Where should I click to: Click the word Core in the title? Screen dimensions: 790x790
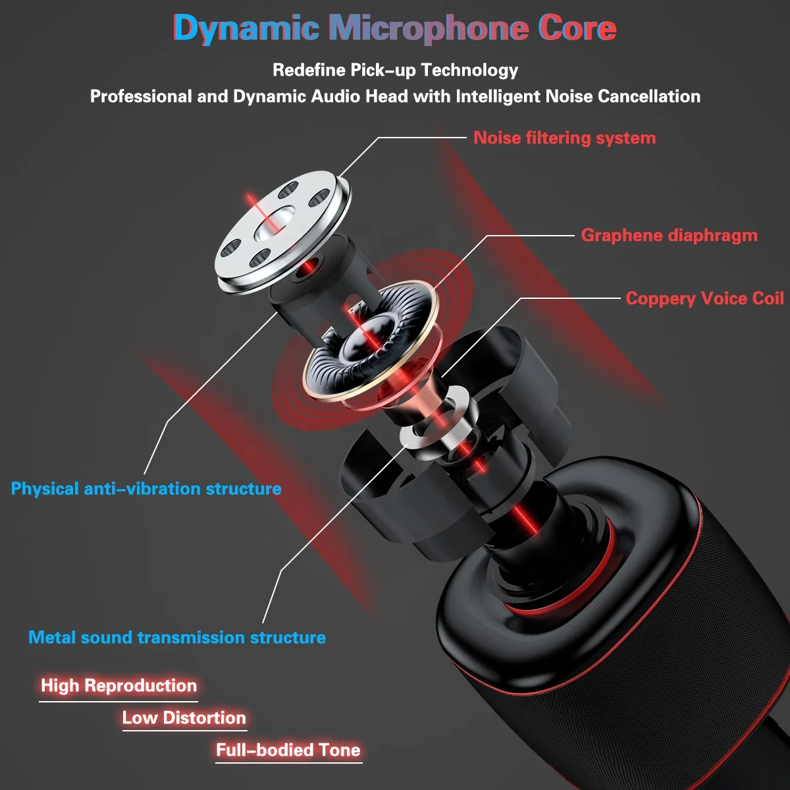(577, 28)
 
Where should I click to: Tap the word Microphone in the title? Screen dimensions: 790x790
(429, 28)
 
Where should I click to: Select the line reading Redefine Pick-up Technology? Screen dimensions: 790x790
(395, 70)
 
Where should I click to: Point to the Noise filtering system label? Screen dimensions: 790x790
(564, 138)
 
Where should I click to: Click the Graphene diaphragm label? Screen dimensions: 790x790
(669, 235)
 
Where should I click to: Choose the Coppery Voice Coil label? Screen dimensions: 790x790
(704, 298)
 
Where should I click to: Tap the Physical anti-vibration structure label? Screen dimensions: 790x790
(146, 488)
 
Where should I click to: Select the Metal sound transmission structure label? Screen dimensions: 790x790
(176, 637)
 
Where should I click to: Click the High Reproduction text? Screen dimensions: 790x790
(118, 685)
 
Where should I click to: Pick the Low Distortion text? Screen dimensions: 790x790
(184, 718)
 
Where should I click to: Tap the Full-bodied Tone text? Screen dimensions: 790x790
(288, 750)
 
